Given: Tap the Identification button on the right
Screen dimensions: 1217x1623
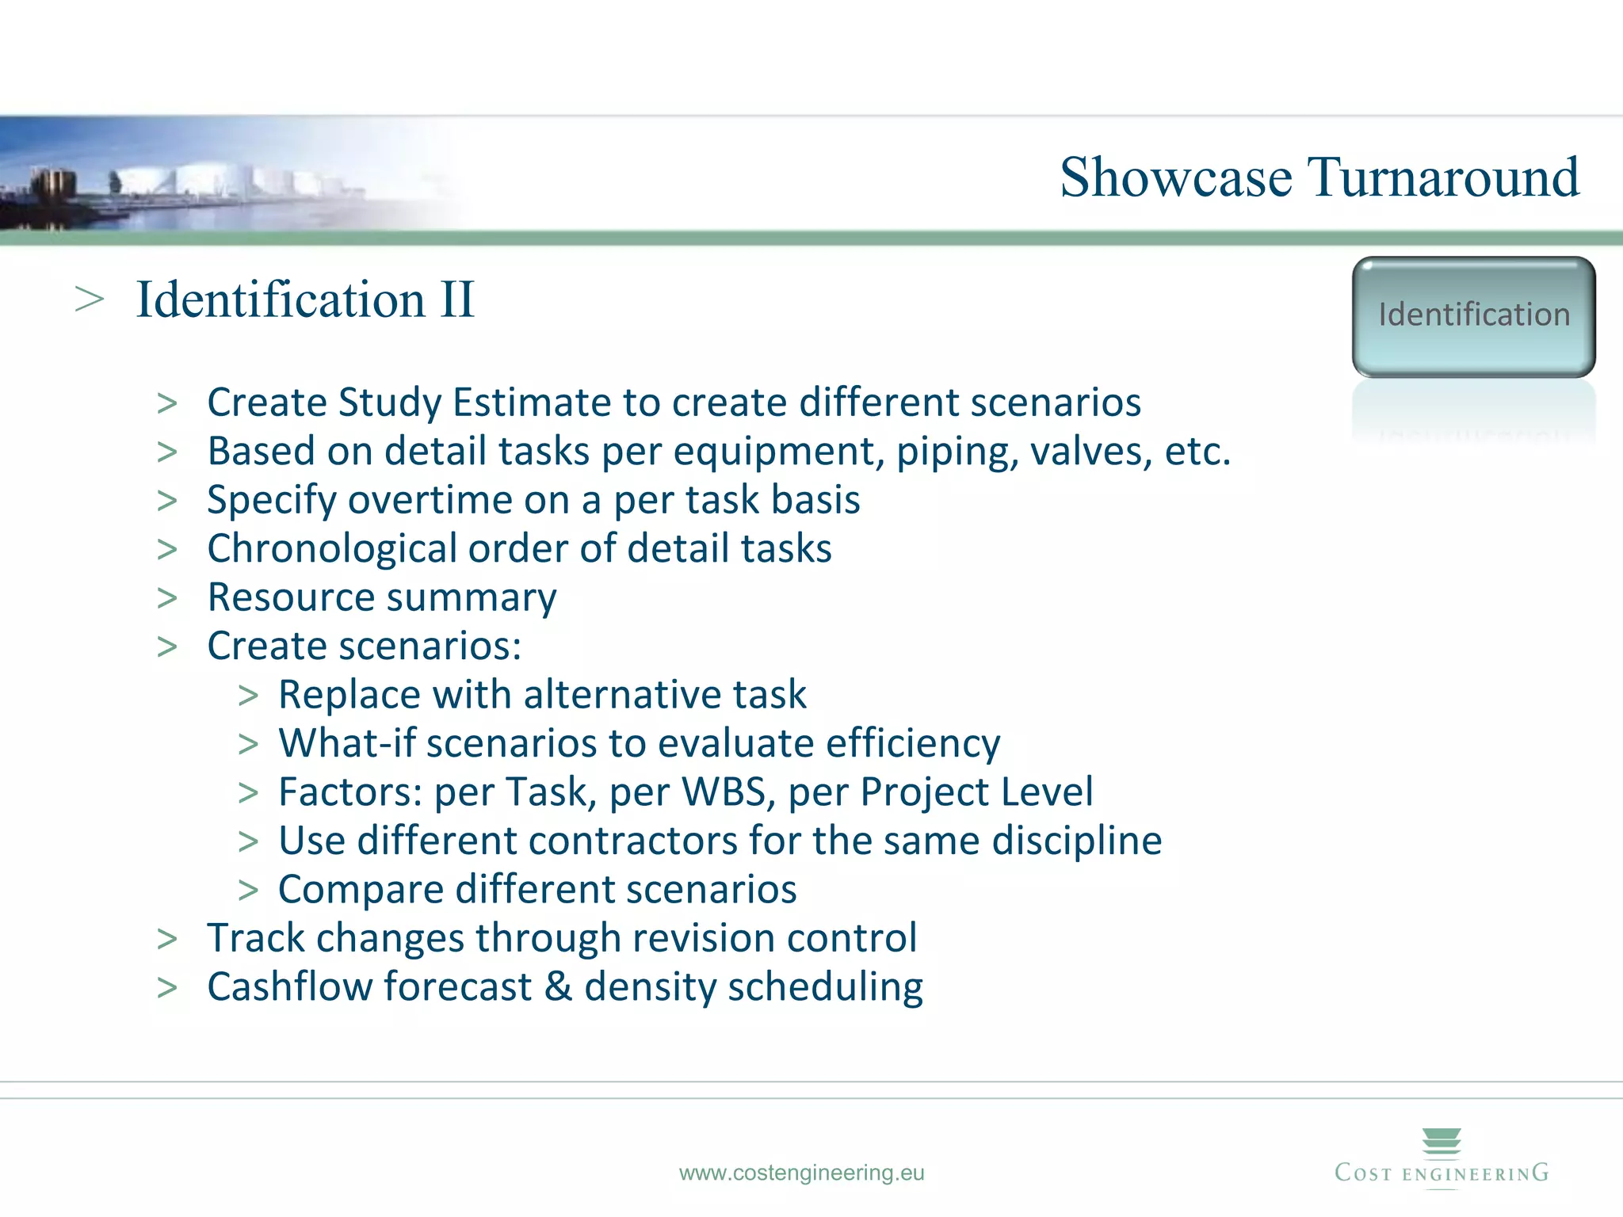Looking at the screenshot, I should pyautogui.click(x=1473, y=316).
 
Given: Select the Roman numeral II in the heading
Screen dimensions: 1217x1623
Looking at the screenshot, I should pyautogui.click(x=456, y=300).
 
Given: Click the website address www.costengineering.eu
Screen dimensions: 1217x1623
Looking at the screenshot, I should pyautogui.click(x=801, y=1173).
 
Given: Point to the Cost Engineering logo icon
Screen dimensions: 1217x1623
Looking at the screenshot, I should pyautogui.click(x=1442, y=1142).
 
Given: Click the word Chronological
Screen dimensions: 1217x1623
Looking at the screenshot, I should pyautogui.click(x=332, y=549).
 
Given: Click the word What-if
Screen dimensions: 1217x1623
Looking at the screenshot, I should pyautogui.click(x=346, y=744).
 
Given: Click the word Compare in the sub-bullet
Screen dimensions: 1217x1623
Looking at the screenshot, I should pyautogui.click(x=360, y=890).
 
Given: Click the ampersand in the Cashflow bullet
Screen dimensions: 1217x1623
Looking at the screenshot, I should pyautogui.click(x=558, y=987).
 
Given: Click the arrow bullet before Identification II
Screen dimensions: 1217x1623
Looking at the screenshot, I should pyautogui.click(x=90, y=300).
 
